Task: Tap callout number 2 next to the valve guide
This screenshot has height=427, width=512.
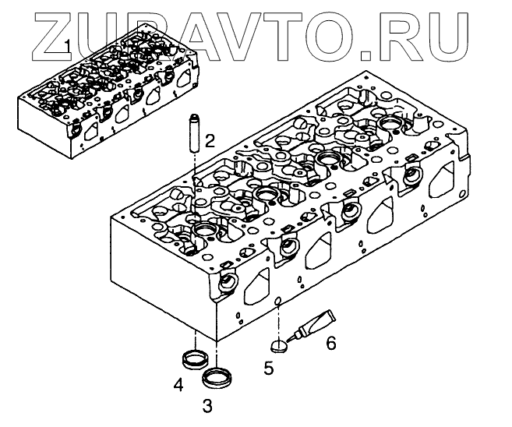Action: coord(210,140)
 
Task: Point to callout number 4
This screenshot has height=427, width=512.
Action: coord(178,384)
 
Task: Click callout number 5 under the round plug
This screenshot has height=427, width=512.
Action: coord(269,369)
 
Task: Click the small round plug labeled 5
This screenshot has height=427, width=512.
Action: coord(279,344)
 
